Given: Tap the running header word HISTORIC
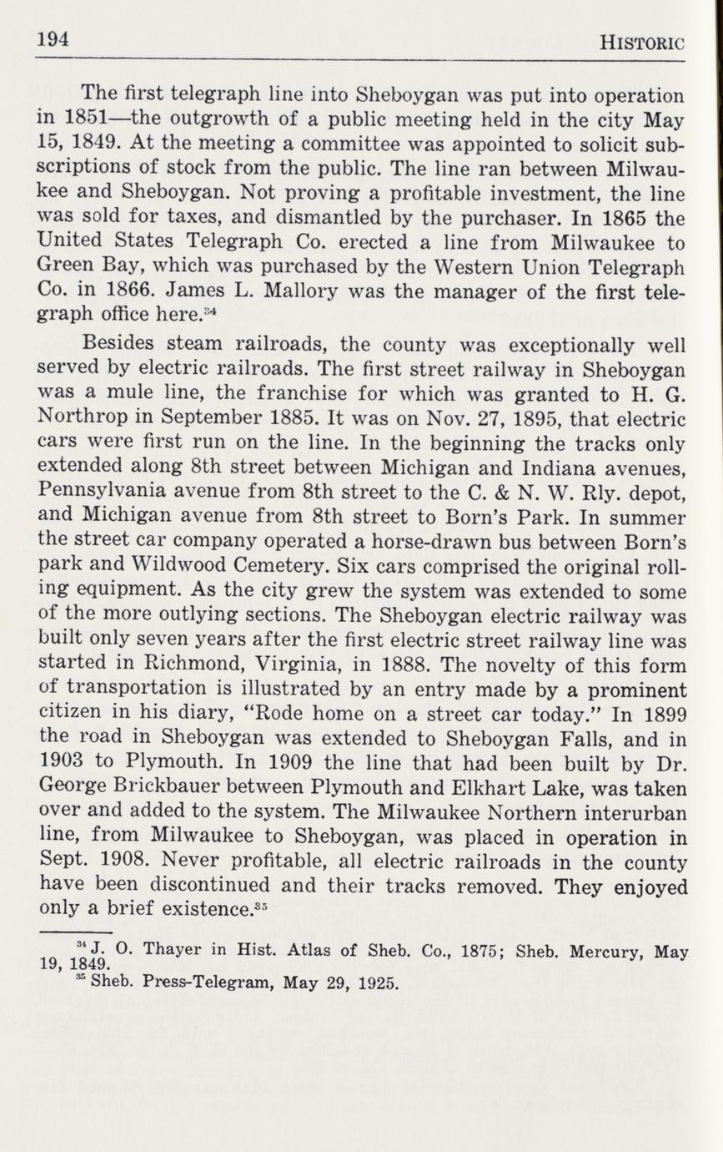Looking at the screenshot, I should pos(642,43).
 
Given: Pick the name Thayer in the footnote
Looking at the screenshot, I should pos(174,950).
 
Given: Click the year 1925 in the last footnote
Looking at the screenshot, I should pos(377,983).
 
